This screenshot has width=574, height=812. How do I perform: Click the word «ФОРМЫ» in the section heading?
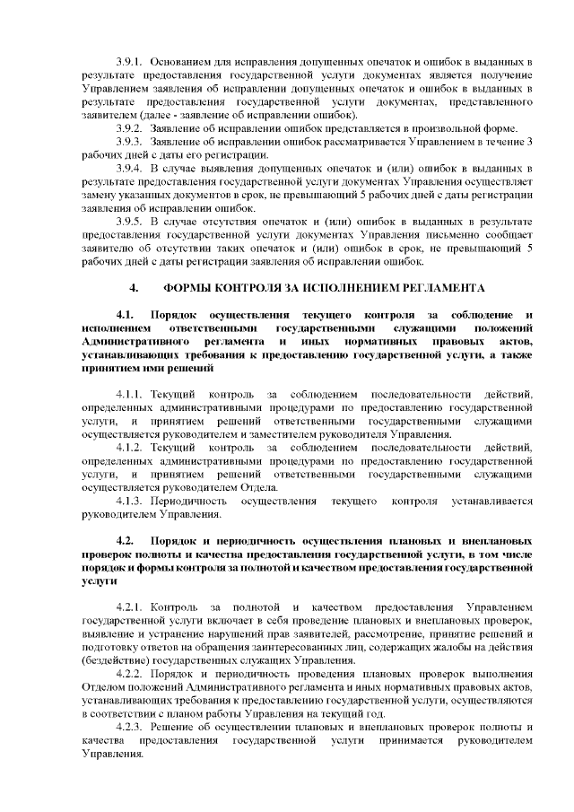pyautogui.click(x=189, y=288)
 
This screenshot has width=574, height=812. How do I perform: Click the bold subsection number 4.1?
pyautogui.click(x=125, y=315)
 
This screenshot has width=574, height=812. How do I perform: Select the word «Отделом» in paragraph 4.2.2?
pyautogui.click(x=102, y=688)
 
